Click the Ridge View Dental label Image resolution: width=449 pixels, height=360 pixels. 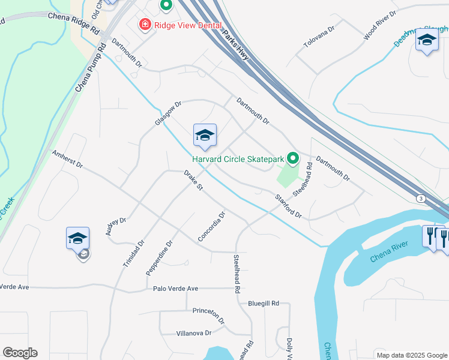pos(187,25)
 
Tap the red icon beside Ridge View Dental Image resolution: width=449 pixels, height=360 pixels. pos(145,25)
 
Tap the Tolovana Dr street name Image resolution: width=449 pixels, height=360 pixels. pos(318,40)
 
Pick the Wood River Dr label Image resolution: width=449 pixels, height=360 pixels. pos(380,26)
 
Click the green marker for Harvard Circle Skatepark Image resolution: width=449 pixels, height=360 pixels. pos(293,158)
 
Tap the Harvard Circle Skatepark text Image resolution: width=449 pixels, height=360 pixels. pos(238,159)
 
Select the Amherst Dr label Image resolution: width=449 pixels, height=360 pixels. pos(67,159)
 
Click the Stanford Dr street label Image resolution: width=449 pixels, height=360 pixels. pos(288,206)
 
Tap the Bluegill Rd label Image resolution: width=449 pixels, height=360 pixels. pos(264,304)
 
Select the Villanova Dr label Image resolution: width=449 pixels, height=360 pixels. pos(194,333)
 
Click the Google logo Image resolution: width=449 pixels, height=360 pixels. pos(20,353)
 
